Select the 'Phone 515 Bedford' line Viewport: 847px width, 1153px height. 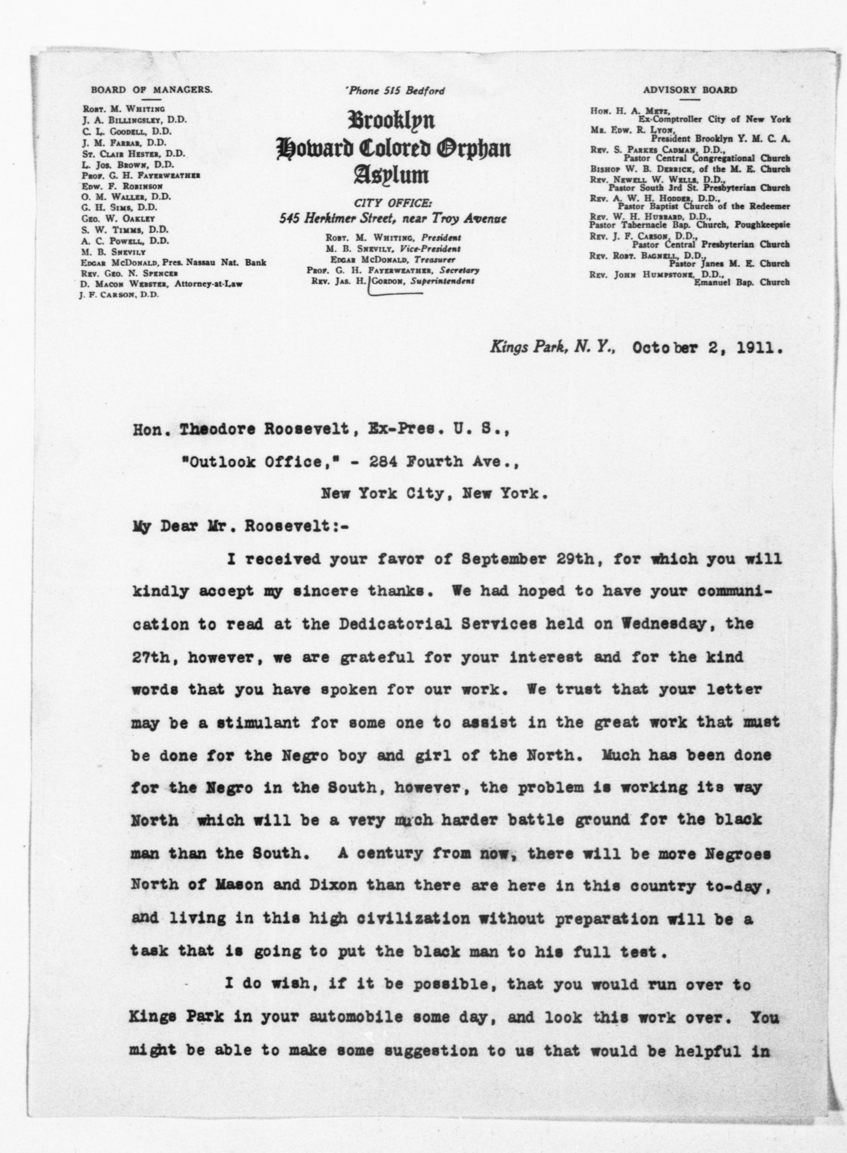click(x=395, y=91)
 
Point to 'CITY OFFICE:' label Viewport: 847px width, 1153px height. click(x=393, y=203)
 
